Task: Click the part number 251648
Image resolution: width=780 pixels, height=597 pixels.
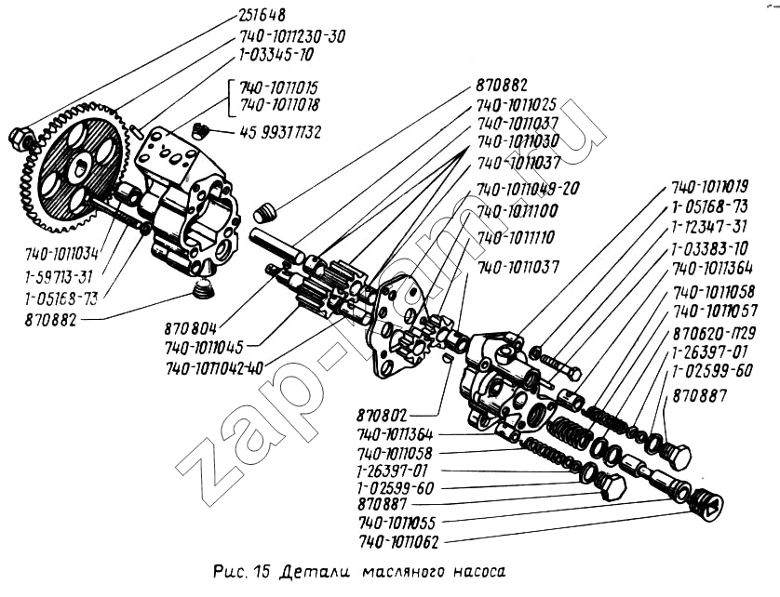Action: click(261, 15)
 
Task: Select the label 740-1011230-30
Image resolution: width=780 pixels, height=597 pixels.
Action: click(291, 36)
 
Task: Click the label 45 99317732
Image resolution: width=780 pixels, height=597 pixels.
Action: click(280, 133)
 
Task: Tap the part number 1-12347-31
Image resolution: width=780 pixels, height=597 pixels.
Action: click(709, 227)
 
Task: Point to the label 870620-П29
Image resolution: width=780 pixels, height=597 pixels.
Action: click(714, 332)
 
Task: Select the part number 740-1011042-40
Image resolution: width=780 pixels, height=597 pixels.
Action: click(214, 367)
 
